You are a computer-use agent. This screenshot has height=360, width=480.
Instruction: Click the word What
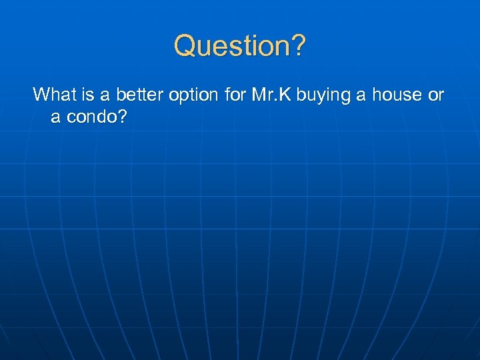pyautogui.click(x=53, y=95)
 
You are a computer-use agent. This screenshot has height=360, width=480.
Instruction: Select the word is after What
pyautogui.click(x=85, y=95)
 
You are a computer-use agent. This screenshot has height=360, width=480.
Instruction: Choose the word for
pyautogui.click(x=235, y=95)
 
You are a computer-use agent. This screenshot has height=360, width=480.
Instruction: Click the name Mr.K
pyautogui.click(x=272, y=95)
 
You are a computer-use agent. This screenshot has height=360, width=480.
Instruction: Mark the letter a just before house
pyautogui.click(x=361, y=96)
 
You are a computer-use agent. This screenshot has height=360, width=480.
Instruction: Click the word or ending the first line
pyautogui.click(x=436, y=96)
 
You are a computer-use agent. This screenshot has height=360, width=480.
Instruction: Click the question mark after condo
pyautogui.click(x=121, y=117)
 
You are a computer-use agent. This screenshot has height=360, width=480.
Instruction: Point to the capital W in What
pyautogui.click(x=41, y=95)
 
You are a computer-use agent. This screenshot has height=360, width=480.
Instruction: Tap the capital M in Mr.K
pyautogui.click(x=259, y=95)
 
